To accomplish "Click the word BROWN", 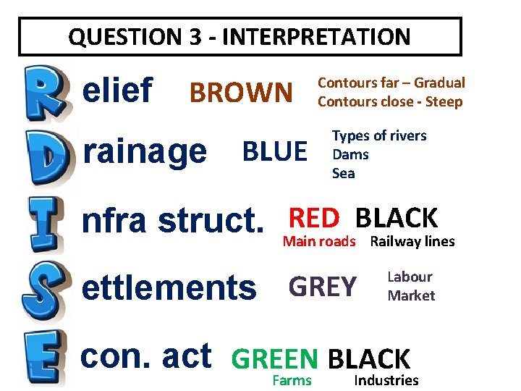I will coord(240,93).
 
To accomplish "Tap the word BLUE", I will coord(274,152).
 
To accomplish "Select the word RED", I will coord(314,217).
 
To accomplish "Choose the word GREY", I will coord(323,287).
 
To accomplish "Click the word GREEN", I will coord(274,358).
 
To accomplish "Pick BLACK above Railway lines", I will coord(397,217).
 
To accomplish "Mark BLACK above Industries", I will coord(369,358).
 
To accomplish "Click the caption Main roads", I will coord(319,242).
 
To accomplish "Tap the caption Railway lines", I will coord(412,242).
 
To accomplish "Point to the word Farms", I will coord(292,380).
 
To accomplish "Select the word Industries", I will coord(386,380).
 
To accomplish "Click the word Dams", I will coord(350,154).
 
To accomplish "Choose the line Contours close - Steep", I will coord(390,101).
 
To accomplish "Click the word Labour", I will coord(410,277).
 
